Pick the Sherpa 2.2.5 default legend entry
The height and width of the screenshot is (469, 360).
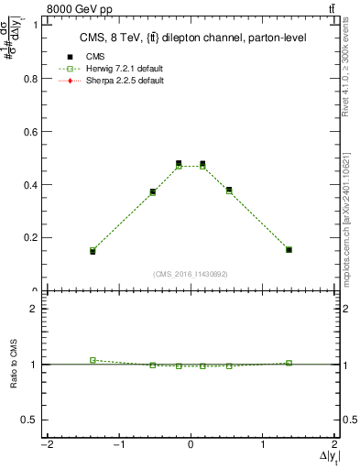[119, 81]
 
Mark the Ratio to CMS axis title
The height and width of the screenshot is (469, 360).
[13, 365]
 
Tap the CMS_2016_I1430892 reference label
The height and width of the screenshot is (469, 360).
[191, 274]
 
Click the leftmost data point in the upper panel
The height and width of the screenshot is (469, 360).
[93, 250]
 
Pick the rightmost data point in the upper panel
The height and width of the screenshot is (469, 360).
[289, 249]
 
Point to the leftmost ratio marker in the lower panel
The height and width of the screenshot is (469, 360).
[93, 360]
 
